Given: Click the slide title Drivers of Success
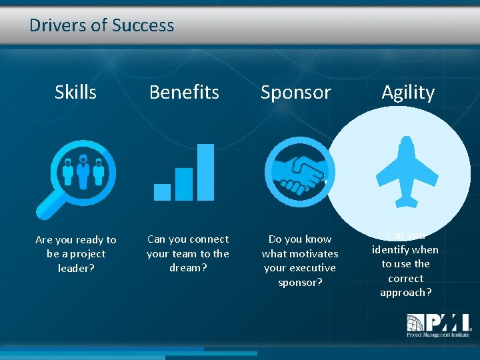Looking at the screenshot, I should (x=101, y=26).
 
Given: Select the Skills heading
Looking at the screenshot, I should (x=75, y=92).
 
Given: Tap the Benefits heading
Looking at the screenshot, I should (x=184, y=92).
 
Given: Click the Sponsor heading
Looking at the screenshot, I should (x=295, y=92).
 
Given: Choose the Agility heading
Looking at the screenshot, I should (x=407, y=92).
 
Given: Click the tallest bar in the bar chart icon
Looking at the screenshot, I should (x=205, y=172).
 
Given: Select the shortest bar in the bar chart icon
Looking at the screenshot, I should (x=162, y=192).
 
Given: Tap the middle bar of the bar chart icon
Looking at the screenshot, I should (x=183, y=184).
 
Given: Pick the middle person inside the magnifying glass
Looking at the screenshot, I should (x=83, y=171).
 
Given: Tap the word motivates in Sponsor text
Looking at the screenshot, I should (x=313, y=253).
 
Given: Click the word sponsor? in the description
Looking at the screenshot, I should (x=300, y=282).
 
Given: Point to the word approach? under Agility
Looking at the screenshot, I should (x=405, y=293).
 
